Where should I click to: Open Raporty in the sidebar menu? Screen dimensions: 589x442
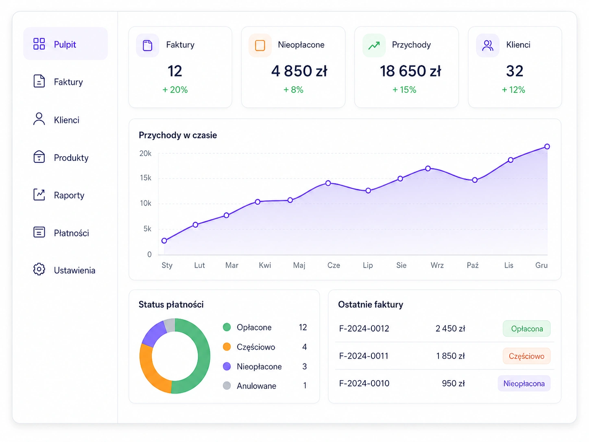(x=69, y=195)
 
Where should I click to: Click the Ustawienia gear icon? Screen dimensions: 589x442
(x=39, y=269)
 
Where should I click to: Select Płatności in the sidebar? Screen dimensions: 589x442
(x=71, y=233)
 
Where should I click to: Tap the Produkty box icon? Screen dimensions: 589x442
(x=39, y=157)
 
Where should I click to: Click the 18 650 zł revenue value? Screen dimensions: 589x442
(x=410, y=71)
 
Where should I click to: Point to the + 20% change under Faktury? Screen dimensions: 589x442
(x=175, y=90)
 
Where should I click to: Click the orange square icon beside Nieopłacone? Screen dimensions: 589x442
(x=260, y=45)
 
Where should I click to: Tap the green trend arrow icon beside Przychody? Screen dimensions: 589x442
(x=374, y=45)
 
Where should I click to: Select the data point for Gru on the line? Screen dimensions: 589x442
(x=547, y=147)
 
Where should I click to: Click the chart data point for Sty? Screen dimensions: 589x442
(x=164, y=241)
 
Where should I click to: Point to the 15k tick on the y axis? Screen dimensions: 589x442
(x=146, y=178)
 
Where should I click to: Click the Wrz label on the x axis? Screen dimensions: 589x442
(x=437, y=265)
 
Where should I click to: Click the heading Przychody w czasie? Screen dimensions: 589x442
(x=178, y=135)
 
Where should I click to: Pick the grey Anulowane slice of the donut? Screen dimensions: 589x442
(x=170, y=325)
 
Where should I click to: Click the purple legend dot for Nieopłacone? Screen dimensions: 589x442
(x=227, y=366)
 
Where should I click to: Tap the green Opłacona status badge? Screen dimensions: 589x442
(x=526, y=328)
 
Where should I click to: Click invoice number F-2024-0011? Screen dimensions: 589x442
(x=364, y=356)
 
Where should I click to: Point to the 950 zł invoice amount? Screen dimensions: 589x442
(x=453, y=383)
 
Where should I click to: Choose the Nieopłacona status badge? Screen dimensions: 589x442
(x=524, y=383)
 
